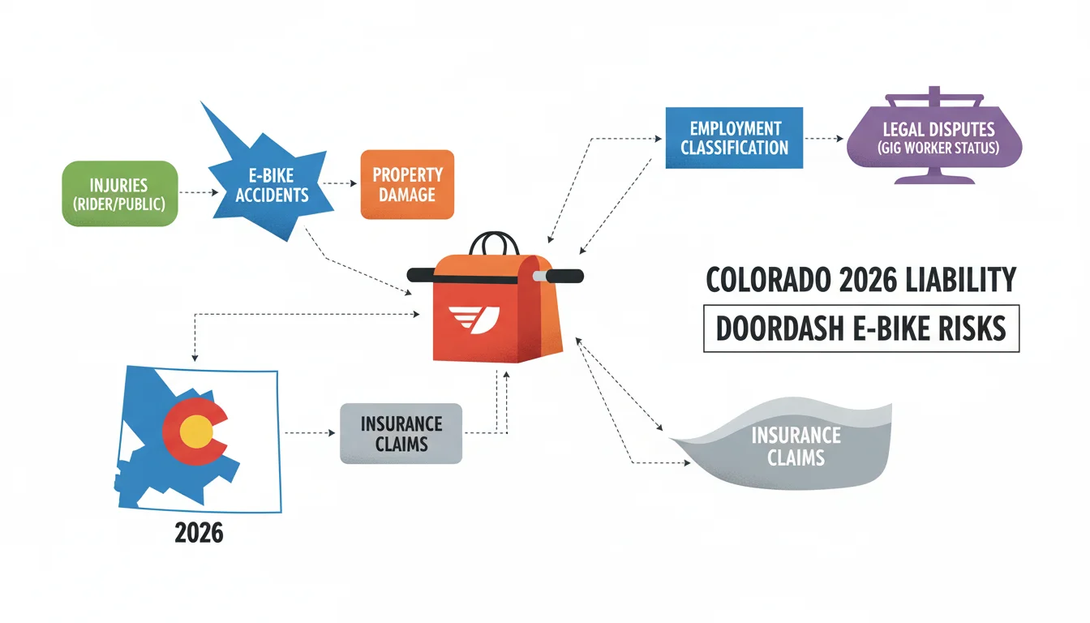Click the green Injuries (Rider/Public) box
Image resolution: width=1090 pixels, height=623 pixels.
point(120,194)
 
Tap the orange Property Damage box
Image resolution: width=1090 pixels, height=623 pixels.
point(407,184)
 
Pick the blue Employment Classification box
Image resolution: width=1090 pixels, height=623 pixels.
point(734,138)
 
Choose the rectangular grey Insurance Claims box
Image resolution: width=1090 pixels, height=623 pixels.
point(401,434)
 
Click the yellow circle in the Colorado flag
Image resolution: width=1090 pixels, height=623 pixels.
point(196,432)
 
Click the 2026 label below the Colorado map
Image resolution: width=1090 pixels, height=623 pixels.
point(199,532)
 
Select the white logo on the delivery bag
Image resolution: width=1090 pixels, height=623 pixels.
point(474,320)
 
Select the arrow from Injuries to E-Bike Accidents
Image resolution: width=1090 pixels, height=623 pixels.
point(199,193)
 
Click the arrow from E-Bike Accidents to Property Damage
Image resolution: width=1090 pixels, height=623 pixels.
point(340,183)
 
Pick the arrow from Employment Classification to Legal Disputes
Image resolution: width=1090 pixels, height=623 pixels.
point(824,139)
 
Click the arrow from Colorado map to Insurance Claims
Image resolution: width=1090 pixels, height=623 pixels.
point(310,432)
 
